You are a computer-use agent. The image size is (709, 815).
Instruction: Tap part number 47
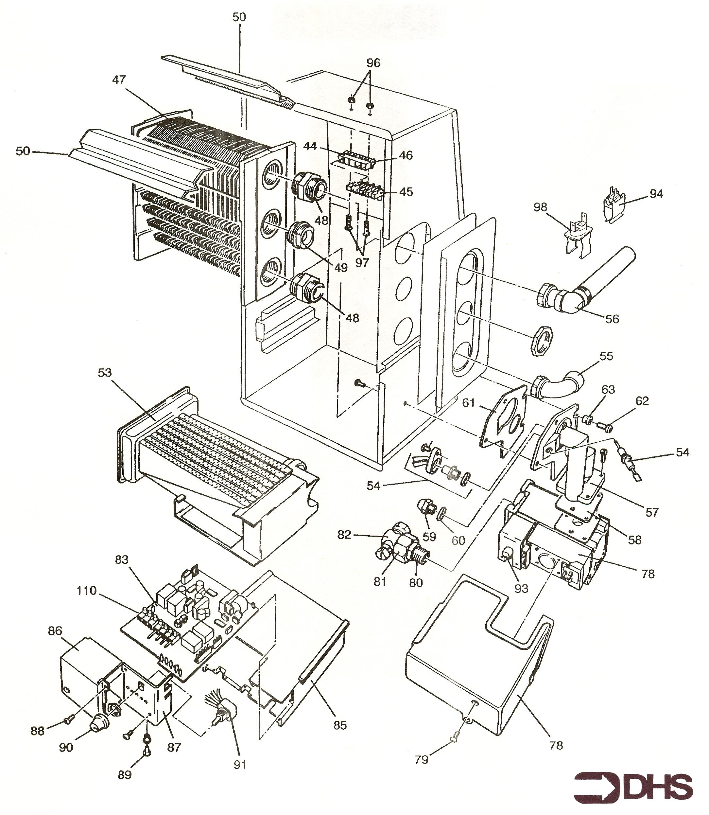coord(119,80)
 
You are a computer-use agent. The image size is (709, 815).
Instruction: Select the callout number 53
coord(105,373)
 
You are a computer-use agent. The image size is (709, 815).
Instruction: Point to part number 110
coord(86,591)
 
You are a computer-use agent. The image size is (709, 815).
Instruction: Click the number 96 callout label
coord(373,62)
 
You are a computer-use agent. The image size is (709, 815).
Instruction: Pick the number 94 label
coord(656,194)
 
